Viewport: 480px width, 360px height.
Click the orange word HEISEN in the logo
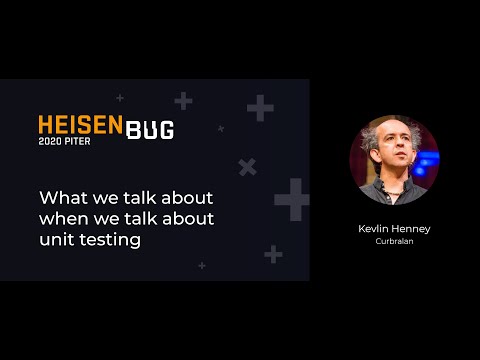[x=80, y=124]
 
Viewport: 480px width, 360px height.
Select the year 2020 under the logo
[x=50, y=141]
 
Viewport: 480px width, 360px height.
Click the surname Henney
[x=413, y=229]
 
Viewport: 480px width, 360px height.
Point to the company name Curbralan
[x=394, y=242]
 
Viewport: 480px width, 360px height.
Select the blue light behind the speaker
[x=430, y=158]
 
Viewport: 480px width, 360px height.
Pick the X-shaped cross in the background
[x=247, y=167]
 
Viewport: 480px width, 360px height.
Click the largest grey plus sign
[x=292, y=199]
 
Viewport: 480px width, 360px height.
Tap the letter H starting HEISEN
[x=46, y=124]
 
